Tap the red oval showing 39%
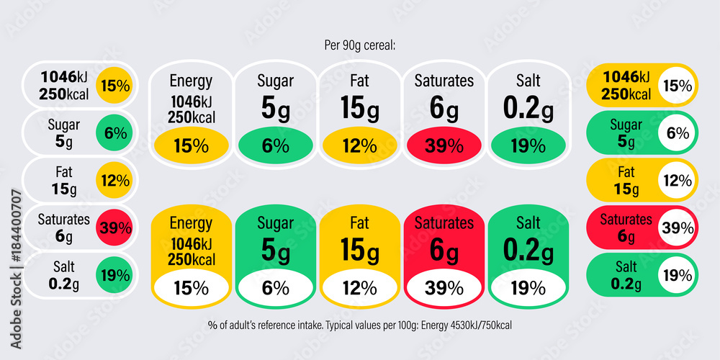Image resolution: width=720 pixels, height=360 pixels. pyautogui.click(x=444, y=145)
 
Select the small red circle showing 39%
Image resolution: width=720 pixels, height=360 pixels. pyautogui.click(x=114, y=228)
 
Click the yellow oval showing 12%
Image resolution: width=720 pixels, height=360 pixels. pyautogui.click(x=359, y=145)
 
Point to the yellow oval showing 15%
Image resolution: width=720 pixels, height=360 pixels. pyautogui.click(x=191, y=145)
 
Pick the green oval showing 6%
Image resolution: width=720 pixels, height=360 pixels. pyautogui.click(x=275, y=145)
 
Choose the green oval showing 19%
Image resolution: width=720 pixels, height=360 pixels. pyautogui.click(x=528, y=145)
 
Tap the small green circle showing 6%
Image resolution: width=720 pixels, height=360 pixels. pyautogui.click(x=114, y=133)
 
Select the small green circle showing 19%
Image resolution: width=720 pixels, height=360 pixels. pyautogui.click(x=114, y=275)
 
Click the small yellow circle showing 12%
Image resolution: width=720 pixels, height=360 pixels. pyautogui.click(x=114, y=181)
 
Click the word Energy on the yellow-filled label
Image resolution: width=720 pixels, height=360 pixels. pyautogui.click(x=191, y=223)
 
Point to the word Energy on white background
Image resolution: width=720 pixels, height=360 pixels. pyautogui.click(x=191, y=81)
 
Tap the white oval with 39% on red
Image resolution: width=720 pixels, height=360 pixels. pyautogui.click(x=444, y=288)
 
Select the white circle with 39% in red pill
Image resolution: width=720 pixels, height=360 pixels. pyautogui.click(x=678, y=228)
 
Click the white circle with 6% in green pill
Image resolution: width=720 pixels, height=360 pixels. pyautogui.click(x=678, y=133)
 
